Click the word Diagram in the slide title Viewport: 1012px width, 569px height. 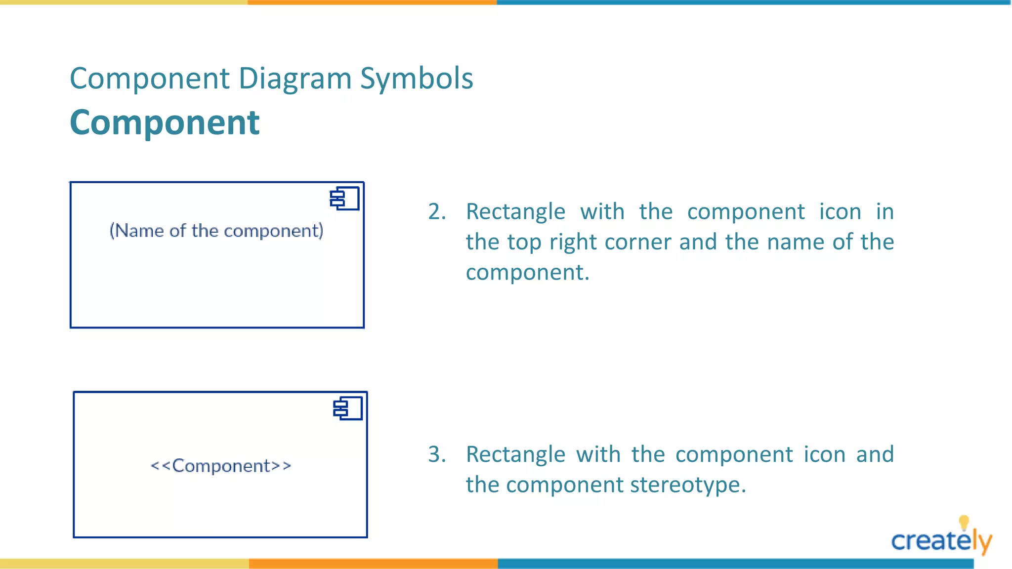coord(295,79)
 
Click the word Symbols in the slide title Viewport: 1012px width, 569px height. coord(417,79)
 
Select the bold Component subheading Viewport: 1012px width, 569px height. coord(165,122)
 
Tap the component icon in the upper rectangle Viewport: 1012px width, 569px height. coord(344,199)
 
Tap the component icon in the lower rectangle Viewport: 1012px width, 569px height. coord(348,408)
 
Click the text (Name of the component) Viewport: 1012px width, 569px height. coord(216,231)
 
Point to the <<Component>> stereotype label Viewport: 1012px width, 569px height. coord(221,466)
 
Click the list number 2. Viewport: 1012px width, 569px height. coord(436,212)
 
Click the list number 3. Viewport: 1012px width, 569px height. coord(436,454)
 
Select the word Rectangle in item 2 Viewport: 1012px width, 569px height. coord(515,212)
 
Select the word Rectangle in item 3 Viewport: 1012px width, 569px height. coord(515,454)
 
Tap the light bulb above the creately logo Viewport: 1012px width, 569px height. coord(964,523)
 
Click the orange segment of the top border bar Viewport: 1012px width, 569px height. coord(372,2)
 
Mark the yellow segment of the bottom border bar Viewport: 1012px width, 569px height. coord(124,564)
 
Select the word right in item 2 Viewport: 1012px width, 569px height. coord(572,242)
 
